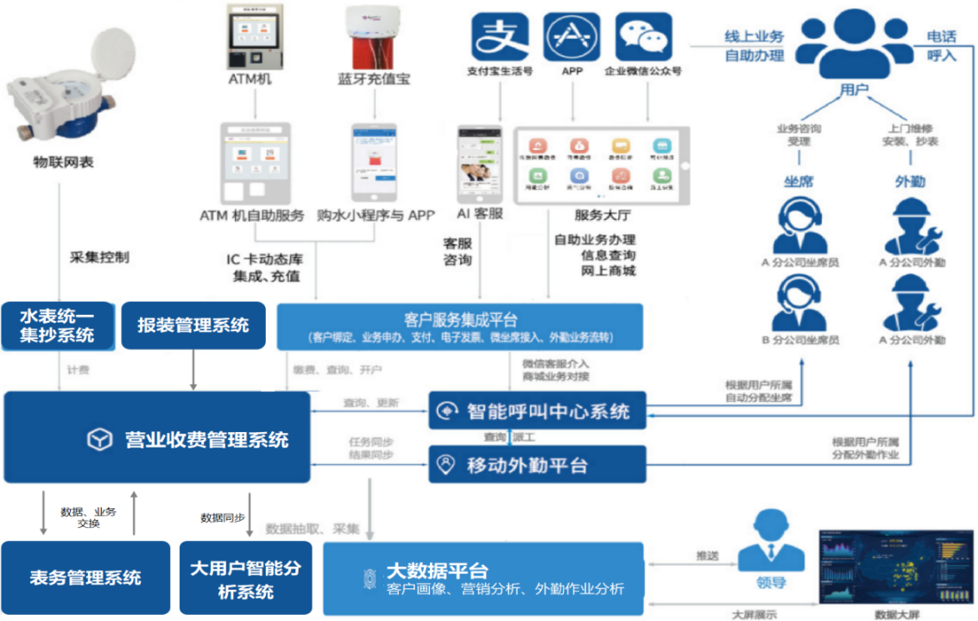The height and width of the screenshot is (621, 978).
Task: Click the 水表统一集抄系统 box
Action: [x=58, y=325]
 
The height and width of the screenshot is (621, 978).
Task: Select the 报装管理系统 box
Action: [x=192, y=325]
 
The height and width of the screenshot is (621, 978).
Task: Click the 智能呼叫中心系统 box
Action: [x=537, y=411]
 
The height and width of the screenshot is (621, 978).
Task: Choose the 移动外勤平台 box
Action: [x=537, y=465]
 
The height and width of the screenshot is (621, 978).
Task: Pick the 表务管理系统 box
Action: [x=85, y=577]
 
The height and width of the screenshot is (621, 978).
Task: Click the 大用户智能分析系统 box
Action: [x=245, y=577]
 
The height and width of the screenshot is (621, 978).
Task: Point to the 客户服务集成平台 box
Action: [x=460, y=327]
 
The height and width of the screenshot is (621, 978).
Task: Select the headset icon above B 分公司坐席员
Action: [x=798, y=303]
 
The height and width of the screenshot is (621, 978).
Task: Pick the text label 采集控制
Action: [x=99, y=257]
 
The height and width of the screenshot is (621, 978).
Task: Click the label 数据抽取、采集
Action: [x=312, y=528]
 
